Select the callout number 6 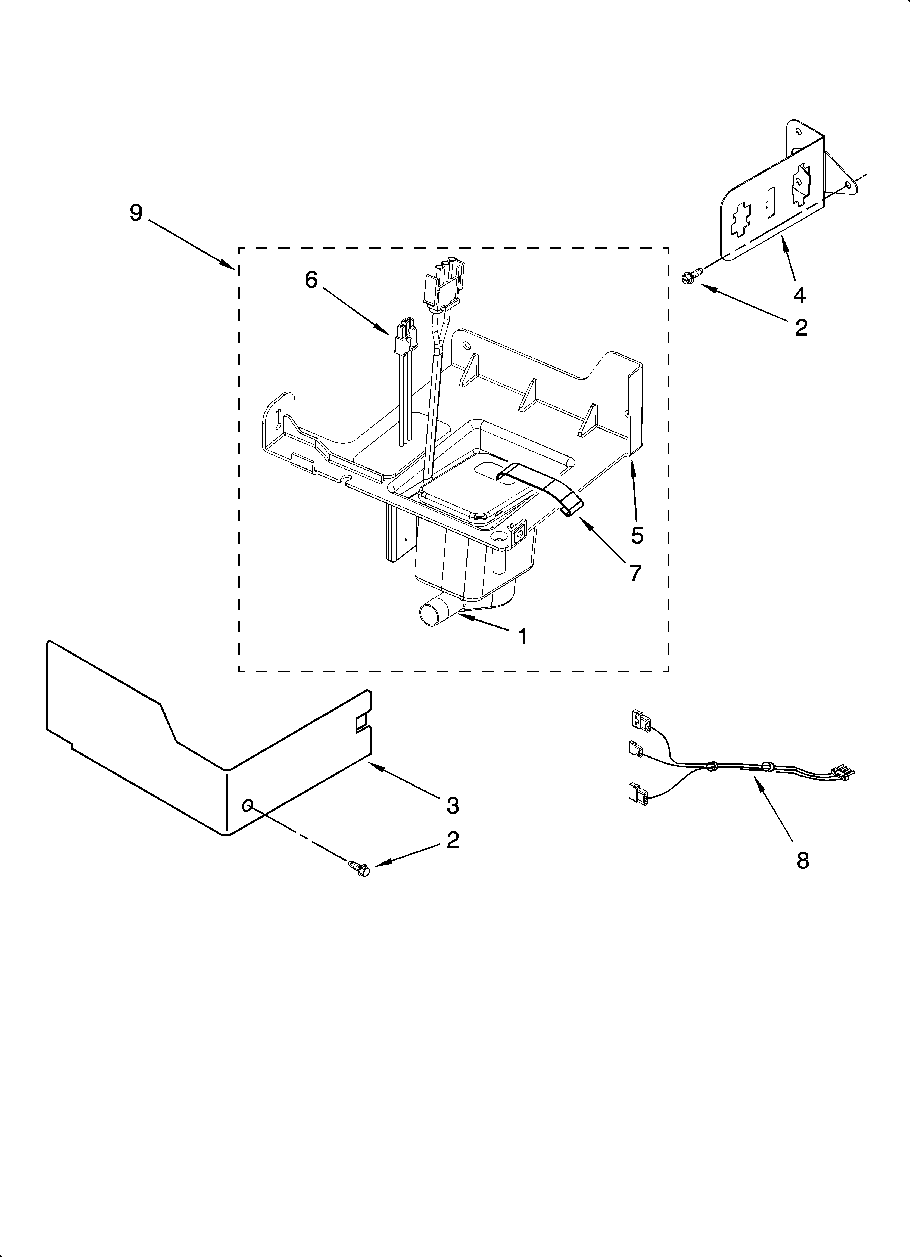(x=311, y=280)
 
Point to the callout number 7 (x=635, y=573)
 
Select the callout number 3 (x=453, y=805)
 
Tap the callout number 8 (x=802, y=860)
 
